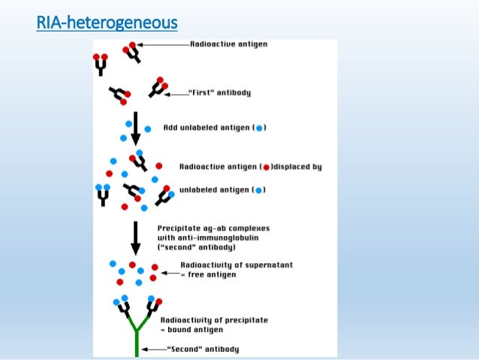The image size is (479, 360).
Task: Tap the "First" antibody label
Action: click(218, 93)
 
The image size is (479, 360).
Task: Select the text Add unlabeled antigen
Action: click(204, 128)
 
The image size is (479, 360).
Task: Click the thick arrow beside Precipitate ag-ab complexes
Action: click(135, 237)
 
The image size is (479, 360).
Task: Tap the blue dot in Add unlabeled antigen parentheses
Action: click(259, 129)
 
